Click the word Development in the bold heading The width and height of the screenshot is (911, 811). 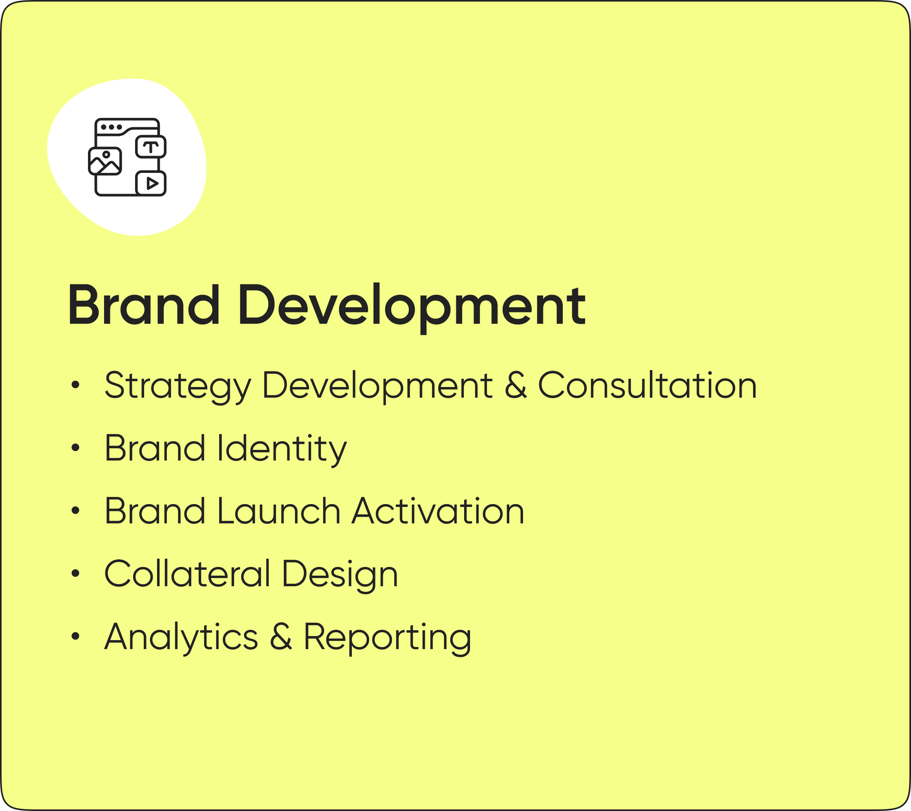[412, 308]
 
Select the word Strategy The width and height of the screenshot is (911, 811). [178, 386]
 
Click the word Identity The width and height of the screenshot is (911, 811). [282, 450]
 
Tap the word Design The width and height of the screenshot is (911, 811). [340, 576]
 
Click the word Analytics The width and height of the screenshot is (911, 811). [181, 639]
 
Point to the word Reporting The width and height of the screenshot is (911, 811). [387, 639]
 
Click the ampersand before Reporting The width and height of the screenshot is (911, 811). [281, 636]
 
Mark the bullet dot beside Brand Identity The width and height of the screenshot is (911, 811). [75, 448]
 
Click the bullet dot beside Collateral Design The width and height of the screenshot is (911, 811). [75, 573]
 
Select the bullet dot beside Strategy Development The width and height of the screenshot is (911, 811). [75, 384]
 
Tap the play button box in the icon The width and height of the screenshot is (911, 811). [151, 183]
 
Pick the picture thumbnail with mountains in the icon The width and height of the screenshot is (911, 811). [105, 161]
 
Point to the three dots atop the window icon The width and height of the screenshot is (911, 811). [112, 127]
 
